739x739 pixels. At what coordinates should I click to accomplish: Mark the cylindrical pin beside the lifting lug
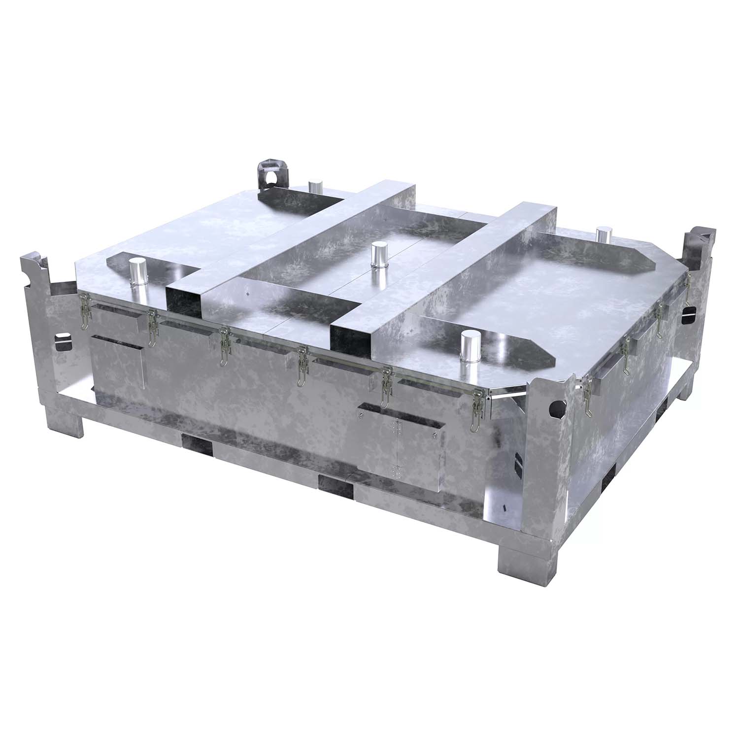[x=315, y=188]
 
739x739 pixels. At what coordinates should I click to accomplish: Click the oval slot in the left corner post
[x=64, y=341]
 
